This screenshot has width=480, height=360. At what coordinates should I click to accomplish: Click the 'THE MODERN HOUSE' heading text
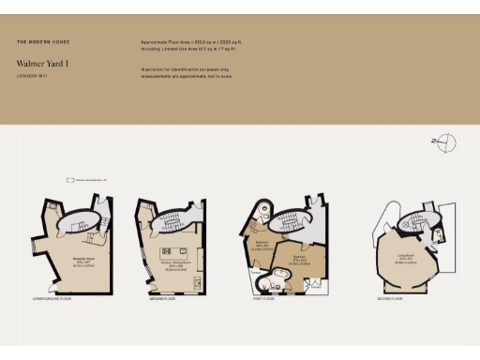click(43, 42)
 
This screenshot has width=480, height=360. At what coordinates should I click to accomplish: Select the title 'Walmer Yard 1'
click(42, 64)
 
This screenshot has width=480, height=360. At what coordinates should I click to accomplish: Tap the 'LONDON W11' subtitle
click(32, 76)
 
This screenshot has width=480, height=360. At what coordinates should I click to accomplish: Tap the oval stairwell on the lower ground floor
click(80, 223)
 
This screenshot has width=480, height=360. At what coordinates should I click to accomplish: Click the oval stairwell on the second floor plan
click(412, 221)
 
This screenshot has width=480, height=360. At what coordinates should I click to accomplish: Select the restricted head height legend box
click(69, 179)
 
